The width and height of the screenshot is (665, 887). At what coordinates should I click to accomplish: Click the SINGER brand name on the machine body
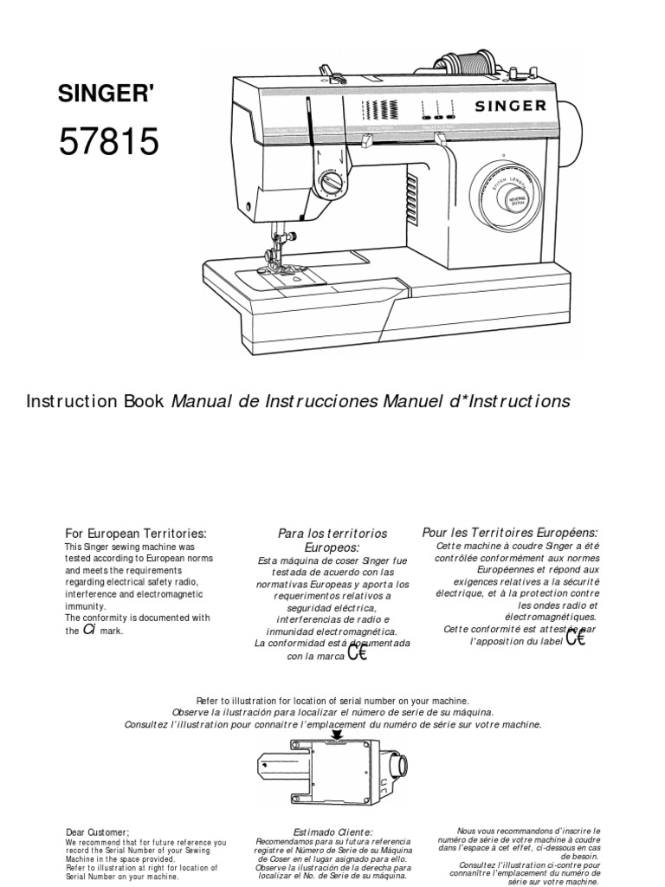pos(509,107)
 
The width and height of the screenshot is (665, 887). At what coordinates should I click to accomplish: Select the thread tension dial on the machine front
pos(331,184)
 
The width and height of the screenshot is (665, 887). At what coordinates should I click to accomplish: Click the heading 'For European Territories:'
pos(136,534)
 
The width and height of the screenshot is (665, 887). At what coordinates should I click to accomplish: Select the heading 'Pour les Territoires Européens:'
pos(509,532)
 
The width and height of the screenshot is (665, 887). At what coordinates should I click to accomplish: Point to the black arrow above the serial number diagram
pos(337,733)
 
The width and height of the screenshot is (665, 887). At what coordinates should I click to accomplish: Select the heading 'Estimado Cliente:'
pos(332,832)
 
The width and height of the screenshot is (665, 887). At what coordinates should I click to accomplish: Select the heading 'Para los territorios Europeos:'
pos(332,541)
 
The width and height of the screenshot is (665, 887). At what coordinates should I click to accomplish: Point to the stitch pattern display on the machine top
pos(378,108)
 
